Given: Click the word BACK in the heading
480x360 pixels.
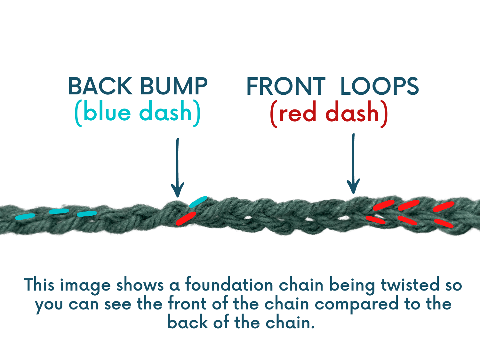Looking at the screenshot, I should [100, 86].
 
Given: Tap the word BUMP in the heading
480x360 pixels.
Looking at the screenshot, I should [174, 86].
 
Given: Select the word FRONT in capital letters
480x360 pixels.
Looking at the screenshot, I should [286, 86].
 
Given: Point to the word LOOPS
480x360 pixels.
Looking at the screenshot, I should [379, 86].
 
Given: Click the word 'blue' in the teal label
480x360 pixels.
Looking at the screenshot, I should [107, 112].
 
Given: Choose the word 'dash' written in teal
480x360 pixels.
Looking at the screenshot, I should [165, 112].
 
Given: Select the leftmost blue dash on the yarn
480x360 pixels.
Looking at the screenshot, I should [25, 217].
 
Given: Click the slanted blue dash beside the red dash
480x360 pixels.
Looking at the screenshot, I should [198, 202].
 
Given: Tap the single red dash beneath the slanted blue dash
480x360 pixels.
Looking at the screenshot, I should [186, 219].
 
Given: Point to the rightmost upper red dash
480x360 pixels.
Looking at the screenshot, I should [444, 207].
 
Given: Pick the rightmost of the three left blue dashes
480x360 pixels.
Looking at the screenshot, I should [87, 214].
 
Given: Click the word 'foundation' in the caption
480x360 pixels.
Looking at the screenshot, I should [229, 285].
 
